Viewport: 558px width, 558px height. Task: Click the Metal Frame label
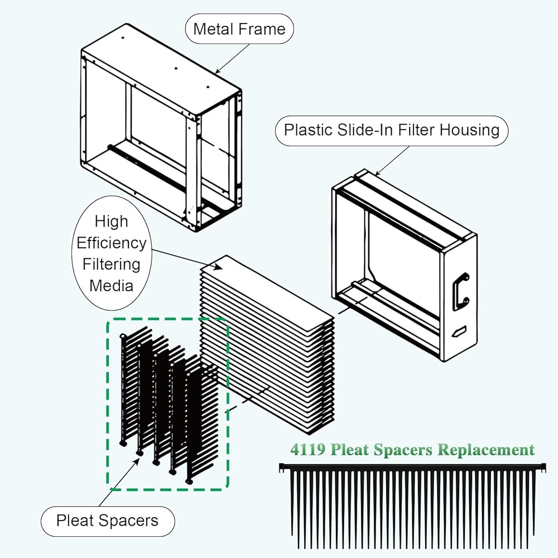tap(239, 29)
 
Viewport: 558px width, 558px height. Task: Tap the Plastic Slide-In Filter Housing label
tap(392, 130)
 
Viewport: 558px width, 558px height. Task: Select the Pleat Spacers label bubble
tap(108, 521)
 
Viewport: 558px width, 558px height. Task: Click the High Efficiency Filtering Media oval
tap(112, 253)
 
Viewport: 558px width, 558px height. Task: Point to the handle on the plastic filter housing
tap(461, 291)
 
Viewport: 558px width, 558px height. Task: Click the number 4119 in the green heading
tap(308, 449)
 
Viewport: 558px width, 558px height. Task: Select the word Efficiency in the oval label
tap(112, 243)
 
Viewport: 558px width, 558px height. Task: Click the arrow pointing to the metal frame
tap(232, 59)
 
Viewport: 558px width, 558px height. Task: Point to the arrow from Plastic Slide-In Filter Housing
tap(392, 161)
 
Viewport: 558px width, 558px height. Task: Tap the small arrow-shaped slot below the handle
tap(459, 331)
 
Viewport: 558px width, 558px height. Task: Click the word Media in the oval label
tap(112, 286)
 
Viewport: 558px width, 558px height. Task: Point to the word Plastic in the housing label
tap(308, 130)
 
